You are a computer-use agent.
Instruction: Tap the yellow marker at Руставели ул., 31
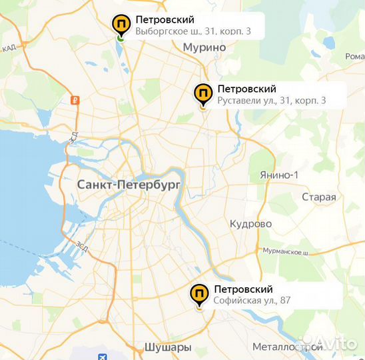point(202,94)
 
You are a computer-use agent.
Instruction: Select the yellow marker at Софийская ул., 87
point(198,294)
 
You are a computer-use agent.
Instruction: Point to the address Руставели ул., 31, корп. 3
point(271,101)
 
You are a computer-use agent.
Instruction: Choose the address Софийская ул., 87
point(252,301)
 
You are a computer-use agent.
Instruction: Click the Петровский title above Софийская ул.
point(243,289)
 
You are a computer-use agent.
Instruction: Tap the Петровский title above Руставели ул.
point(246,89)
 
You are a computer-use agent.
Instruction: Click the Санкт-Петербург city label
point(129,185)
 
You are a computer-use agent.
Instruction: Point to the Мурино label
point(204,47)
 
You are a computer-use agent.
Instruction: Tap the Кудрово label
point(250,224)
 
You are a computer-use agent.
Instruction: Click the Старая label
point(318,197)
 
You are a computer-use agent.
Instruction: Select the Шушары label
point(167,348)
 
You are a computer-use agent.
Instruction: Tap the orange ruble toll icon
point(75,101)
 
